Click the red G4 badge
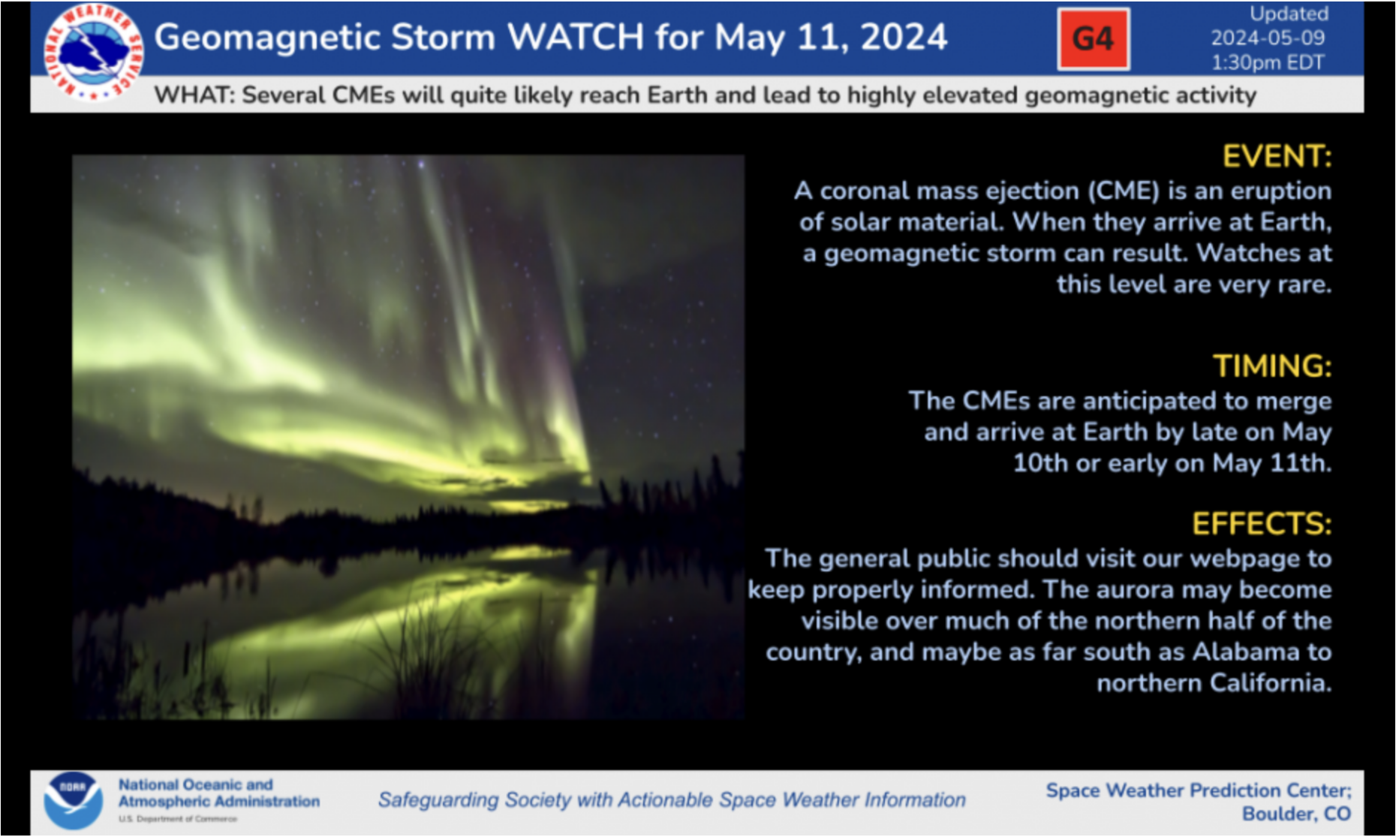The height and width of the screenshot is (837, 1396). [1093, 39]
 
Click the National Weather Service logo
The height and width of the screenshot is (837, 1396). [92, 51]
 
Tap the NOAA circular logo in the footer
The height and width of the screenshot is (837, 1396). [73, 801]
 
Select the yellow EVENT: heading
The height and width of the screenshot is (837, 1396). [1277, 157]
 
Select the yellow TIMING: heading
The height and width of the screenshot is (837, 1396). [1272, 366]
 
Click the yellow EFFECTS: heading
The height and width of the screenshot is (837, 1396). [1262, 524]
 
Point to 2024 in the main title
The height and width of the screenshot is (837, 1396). [904, 38]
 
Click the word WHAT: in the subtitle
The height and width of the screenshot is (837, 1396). [194, 95]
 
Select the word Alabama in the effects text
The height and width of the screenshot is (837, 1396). [1246, 652]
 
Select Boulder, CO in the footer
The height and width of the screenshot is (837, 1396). [1296, 814]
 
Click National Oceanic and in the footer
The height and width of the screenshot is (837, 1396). [195, 784]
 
